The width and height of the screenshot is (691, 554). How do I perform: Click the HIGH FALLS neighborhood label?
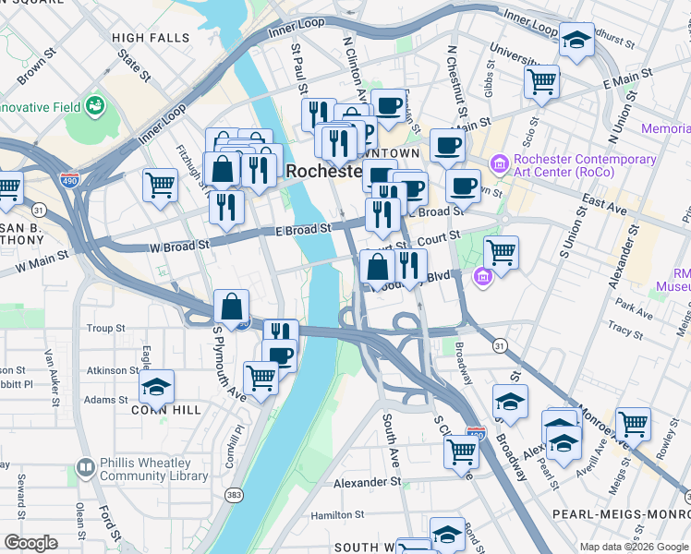click(x=150, y=37)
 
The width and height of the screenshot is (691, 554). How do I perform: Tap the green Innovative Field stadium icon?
click(x=94, y=107)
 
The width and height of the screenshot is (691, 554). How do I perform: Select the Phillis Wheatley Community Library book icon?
click(x=85, y=469)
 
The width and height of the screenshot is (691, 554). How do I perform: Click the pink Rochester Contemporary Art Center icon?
click(x=500, y=164)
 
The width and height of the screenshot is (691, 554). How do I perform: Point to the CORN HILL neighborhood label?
click(x=140, y=409)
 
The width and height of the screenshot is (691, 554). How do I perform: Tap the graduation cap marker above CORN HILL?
click(x=156, y=386)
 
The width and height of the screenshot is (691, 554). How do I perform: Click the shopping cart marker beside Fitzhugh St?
click(x=161, y=184)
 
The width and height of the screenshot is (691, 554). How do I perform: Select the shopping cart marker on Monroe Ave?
click(x=633, y=424)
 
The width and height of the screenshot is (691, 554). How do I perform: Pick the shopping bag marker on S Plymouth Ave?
click(x=231, y=306)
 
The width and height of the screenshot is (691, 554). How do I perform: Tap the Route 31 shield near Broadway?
click(x=499, y=345)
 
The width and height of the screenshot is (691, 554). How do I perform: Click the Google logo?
click(x=31, y=542)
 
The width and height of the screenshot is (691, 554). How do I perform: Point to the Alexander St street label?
click(x=367, y=483)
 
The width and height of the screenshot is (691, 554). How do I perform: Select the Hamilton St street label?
click(x=338, y=515)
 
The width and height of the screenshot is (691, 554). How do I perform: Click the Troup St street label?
click(x=106, y=328)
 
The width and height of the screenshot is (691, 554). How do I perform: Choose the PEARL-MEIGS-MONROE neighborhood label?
click(x=620, y=512)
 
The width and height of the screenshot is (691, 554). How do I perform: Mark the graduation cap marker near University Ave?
click(x=577, y=40)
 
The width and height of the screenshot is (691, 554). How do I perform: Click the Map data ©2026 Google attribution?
click(x=635, y=547)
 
